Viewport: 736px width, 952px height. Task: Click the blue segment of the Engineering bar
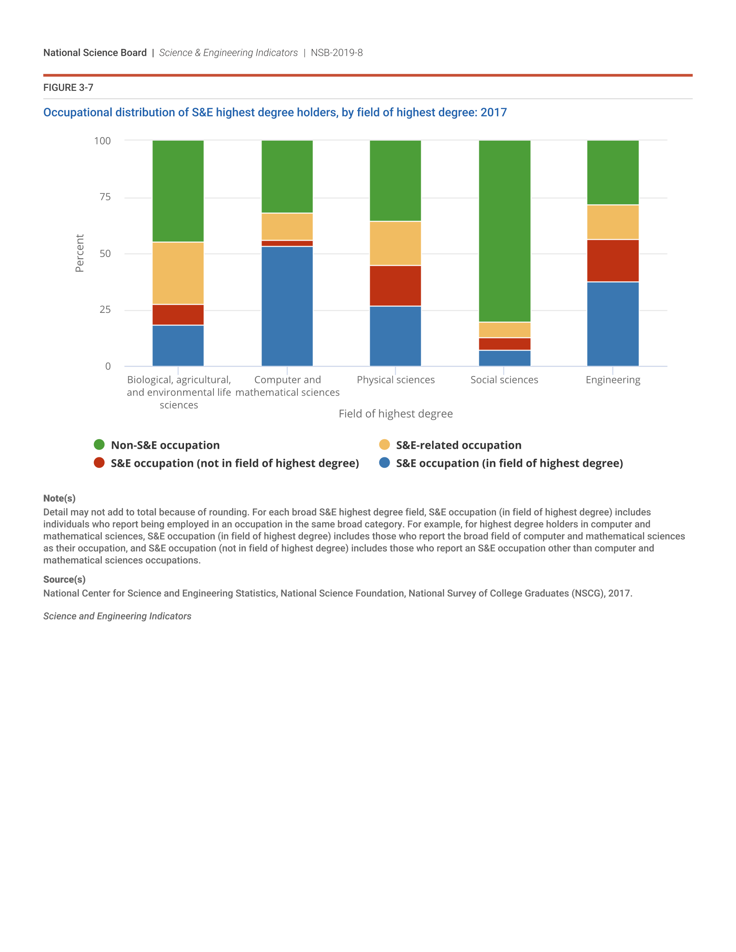pyautogui.click(x=613, y=324)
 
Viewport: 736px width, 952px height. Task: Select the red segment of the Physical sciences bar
pyautogui.click(x=395, y=286)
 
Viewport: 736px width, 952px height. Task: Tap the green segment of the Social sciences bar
pyautogui.click(x=504, y=231)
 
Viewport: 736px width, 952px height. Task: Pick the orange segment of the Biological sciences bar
pyautogui.click(x=178, y=273)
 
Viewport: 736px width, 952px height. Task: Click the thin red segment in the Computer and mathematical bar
pyautogui.click(x=287, y=243)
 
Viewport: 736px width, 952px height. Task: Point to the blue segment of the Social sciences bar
pyautogui.click(x=504, y=358)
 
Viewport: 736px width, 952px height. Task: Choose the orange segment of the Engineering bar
pyautogui.click(x=613, y=222)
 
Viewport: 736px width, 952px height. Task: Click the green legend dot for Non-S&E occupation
pyautogui.click(x=100, y=444)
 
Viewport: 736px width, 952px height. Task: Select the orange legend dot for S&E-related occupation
pyautogui.click(x=384, y=444)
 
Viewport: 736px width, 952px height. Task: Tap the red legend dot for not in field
pyautogui.click(x=100, y=463)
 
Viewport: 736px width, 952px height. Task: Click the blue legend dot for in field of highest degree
pyautogui.click(x=384, y=463)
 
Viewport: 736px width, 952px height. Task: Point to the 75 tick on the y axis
pyautogui.click(x=105, y=197)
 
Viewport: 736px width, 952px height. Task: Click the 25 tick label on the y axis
pyautogui.click(x=105, y=310)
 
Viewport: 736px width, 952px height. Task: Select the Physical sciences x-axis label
pyautogui.click(x=395, y=380)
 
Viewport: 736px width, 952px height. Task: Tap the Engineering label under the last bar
pyautogui.click(x=613, y=380)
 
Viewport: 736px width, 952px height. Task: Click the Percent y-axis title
pyautogui.click(x=79, y=253)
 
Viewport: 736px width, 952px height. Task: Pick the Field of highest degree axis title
pyautogui.click(x=395, y=414)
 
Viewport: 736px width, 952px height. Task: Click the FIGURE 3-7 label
pyautogui.click(x=68, y=87)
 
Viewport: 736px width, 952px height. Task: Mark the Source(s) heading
pyautogui.click(x=64, y=579)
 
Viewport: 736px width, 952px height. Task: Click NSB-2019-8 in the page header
pyautogui.click(x=336, y=53)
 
